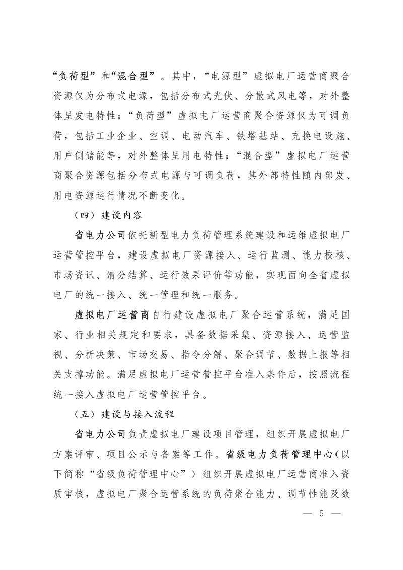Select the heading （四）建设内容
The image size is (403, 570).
coord(105,215)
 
